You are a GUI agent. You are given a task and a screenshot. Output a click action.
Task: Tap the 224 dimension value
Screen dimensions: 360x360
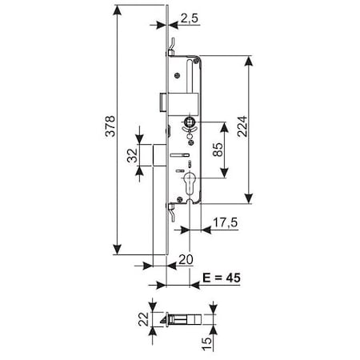[238, 132]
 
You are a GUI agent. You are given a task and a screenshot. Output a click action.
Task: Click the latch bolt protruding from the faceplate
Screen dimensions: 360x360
[163, 102]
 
